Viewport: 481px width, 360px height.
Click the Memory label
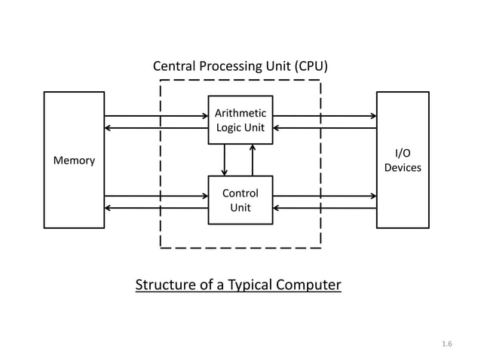(x=74, y=160)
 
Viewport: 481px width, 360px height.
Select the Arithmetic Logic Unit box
(x=240, y=120)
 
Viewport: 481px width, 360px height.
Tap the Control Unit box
(x=240, y=200)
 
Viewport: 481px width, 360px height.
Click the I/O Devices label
(x=403, y=160)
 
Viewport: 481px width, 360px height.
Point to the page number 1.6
(x=446, y=344)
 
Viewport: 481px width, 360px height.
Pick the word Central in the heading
(x=174, y=66)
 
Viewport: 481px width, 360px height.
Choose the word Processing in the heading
(x=230, y=66)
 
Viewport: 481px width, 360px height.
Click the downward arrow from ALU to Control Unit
(x=225, y=159)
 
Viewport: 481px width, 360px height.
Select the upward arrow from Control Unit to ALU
(x=253, y=159)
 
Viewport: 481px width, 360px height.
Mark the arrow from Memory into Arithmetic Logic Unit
(x=156, y=116)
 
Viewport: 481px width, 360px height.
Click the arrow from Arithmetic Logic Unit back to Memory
(x=156, y=128)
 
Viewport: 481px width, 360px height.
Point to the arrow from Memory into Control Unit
(x=156, y=196)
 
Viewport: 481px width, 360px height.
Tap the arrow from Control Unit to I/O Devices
(x=324, y=196)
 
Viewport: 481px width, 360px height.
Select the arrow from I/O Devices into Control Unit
(x=324, y=208)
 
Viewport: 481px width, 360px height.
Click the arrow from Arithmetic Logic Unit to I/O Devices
(x=324, y=116)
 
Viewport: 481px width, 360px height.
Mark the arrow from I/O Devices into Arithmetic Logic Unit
(x=324, y=128)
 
